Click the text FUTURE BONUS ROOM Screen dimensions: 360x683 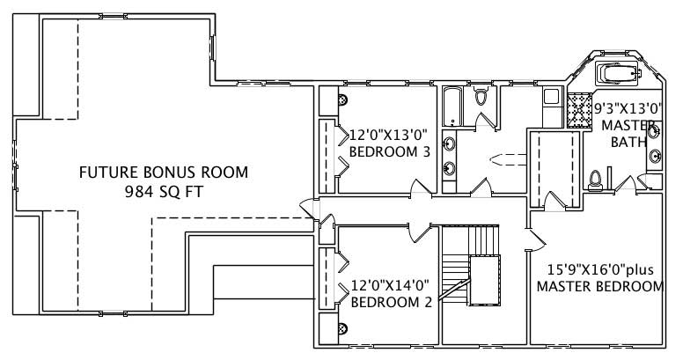click(164, 172)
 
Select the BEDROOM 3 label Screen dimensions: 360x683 click(389, 151)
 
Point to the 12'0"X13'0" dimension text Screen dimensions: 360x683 click(388, 136)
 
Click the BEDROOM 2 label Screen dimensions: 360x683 click(390, 302)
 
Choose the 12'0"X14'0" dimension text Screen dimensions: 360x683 click(389, 286)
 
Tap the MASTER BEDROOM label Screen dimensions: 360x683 click(599, 287)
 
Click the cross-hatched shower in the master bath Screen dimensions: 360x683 click(577, 110)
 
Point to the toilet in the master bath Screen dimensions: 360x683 click(596, 180)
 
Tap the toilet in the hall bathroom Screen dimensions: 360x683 click(481, 98)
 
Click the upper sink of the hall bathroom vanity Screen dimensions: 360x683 click(449, 143)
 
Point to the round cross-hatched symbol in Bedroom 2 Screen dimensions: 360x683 click(342, 327)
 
